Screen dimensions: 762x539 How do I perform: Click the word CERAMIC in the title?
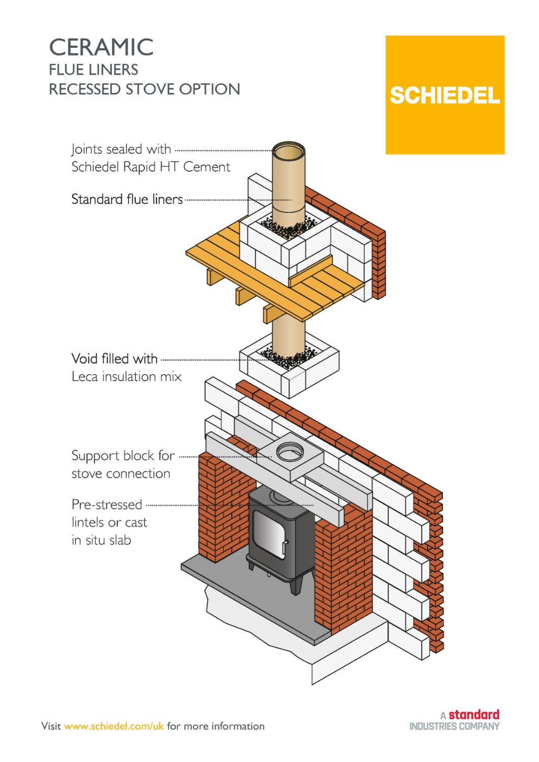point(101,47)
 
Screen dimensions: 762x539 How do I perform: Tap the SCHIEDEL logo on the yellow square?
point(445,96)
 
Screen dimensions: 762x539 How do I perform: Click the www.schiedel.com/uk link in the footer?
point(114,726)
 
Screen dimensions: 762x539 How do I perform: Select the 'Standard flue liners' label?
point(127,199)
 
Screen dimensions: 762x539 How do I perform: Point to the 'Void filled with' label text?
point(114,359)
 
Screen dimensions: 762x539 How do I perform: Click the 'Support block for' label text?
point(123,456)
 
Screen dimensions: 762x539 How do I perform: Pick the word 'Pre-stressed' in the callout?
point(107,504)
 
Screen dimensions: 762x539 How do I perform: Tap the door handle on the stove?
point(285,548)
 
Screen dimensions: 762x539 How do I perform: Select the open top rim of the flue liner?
point(289,151)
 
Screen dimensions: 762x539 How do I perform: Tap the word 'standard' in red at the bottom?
point(473,714)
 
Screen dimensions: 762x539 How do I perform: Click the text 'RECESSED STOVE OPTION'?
point(144,89)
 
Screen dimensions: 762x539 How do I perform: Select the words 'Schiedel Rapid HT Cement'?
point(151,167)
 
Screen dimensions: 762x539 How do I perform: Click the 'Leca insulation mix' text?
point(126,376)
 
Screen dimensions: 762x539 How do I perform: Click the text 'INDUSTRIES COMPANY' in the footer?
point(454,726)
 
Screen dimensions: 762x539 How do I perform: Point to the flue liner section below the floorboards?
point(289,335)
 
